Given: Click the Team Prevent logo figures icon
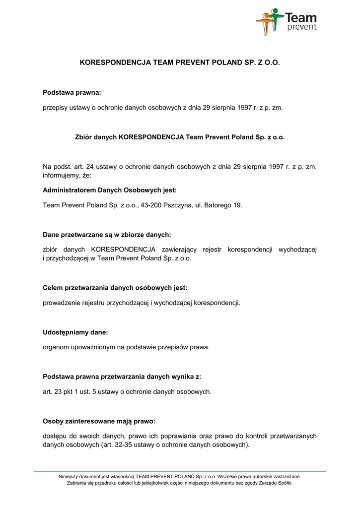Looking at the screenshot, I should point(270,21).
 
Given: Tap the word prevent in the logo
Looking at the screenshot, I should point(301,27).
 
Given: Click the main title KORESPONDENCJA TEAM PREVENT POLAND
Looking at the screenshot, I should point(180,63).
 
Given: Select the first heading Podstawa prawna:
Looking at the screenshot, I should point(72,92).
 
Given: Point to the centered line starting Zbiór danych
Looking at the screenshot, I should point(180,137).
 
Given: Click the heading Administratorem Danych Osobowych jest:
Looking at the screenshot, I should point(110,190).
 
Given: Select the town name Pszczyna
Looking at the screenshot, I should point(181,205).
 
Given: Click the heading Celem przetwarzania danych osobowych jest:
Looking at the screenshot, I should point(115,288).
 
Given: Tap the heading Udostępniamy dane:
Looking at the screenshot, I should point(75,332).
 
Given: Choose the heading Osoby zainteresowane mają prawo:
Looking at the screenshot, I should point(99,422).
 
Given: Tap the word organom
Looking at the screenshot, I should point(56,347).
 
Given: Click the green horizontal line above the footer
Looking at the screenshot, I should point(180,470).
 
